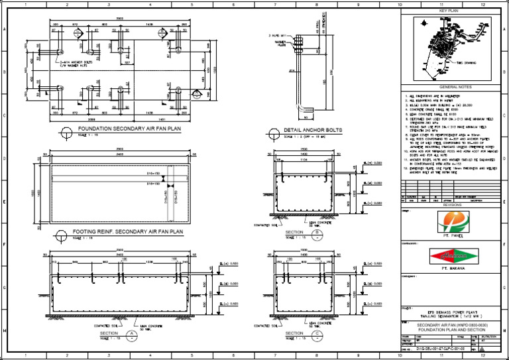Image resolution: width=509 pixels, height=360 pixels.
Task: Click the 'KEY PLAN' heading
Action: coord(448,11)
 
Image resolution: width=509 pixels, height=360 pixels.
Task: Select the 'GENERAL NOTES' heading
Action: coord(448,87)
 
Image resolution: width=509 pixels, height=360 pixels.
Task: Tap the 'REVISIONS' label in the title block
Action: coord(448,205)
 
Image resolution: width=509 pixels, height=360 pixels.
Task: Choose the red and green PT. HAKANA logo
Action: coord(448,256)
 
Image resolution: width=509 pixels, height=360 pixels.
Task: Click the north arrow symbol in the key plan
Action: coord(423,25)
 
